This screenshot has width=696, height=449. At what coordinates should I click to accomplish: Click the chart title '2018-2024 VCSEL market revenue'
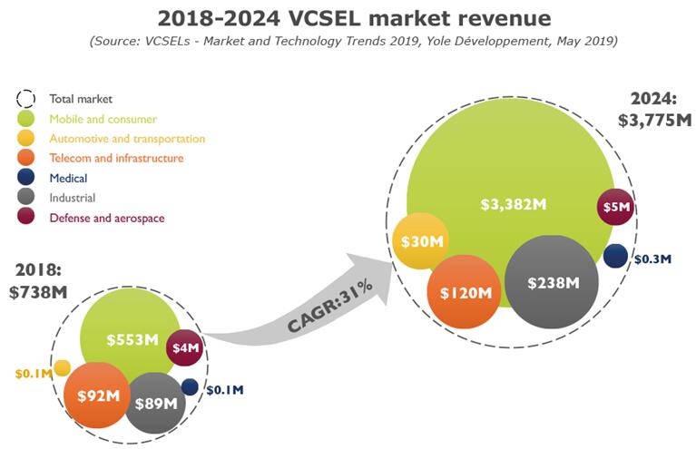click(348, 18)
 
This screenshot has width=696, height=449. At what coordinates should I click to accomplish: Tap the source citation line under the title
click(348, 42)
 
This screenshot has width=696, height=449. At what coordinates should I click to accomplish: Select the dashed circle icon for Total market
click(26, 99)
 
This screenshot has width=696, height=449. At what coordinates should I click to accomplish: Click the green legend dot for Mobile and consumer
click(26, 119)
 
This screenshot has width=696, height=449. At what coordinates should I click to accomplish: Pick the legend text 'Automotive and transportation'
click(127, 139)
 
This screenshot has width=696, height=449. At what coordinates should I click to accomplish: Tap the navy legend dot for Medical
click(26, 179)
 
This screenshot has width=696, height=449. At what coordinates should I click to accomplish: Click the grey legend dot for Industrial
click(26, 198)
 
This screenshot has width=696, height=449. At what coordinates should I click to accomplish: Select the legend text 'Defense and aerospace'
click(107, 218)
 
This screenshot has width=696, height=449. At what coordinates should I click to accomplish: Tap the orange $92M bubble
click(97, 395)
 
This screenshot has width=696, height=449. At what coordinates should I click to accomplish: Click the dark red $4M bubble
click(185, 347)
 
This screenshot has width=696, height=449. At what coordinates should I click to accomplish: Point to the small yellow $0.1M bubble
click(63, 367)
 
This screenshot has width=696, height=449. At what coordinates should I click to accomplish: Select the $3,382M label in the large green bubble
click(513, 204)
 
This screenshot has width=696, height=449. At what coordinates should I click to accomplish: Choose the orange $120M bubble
click(465, 292)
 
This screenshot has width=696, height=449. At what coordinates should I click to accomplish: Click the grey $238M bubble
click(553, 282)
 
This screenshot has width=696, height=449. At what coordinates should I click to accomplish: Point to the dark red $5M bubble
click(616, 208)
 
